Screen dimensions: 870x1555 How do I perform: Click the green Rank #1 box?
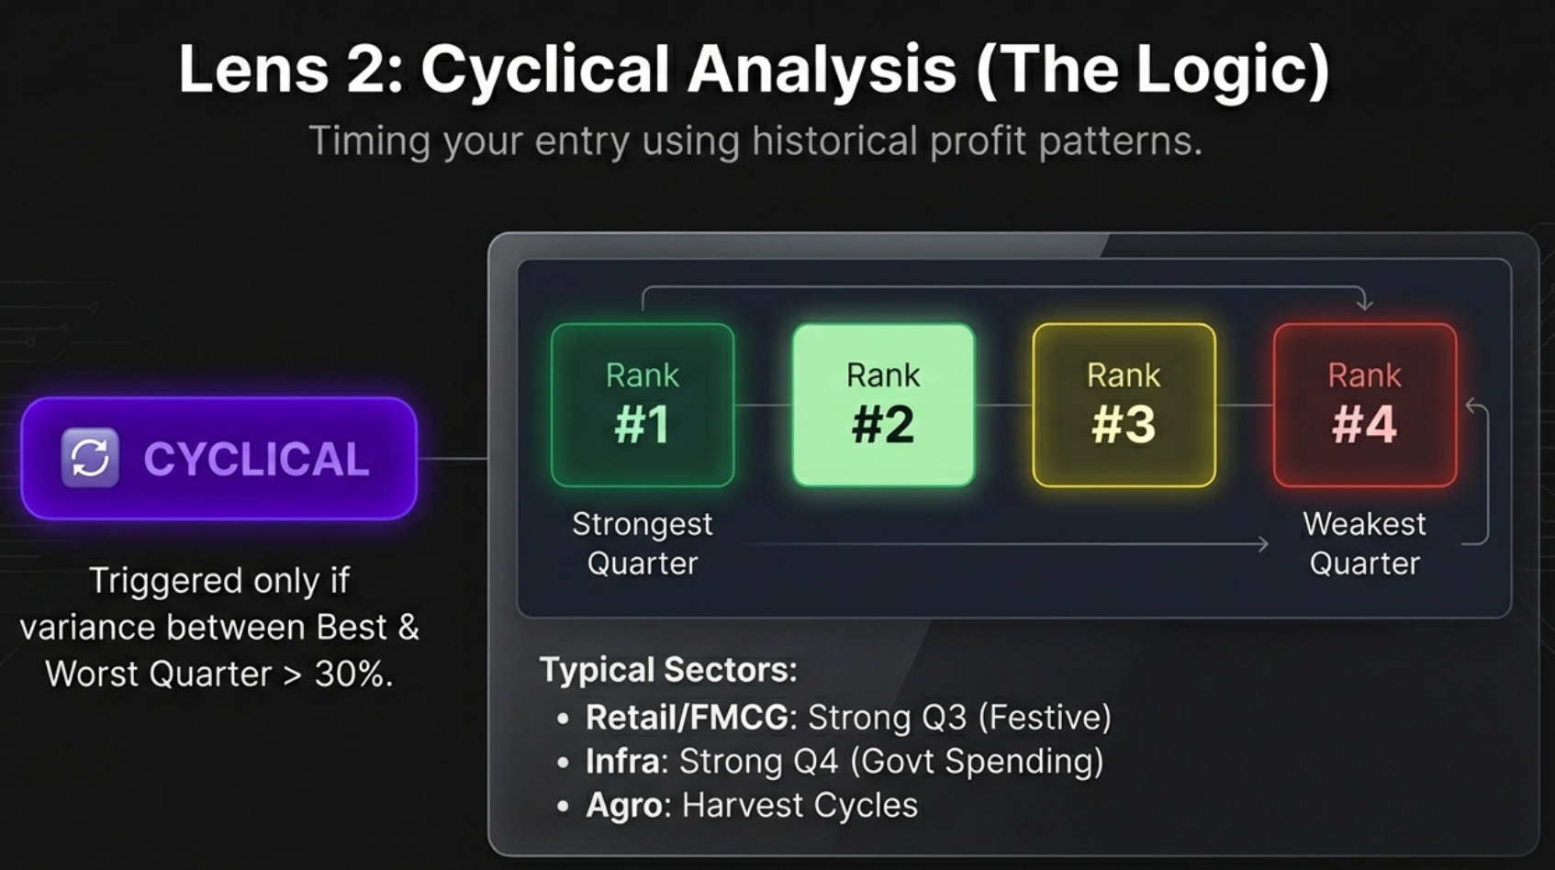643,405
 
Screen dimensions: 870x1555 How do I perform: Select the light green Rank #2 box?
883,405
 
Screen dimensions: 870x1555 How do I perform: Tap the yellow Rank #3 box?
1124,405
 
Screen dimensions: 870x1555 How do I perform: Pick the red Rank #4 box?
1364,405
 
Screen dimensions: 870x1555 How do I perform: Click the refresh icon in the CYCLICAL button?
90,457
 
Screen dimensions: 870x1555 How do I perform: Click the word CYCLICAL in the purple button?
256,459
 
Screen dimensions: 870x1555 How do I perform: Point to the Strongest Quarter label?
643,543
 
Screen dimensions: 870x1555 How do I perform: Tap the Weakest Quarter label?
1364,543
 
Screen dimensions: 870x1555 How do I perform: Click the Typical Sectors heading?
668,669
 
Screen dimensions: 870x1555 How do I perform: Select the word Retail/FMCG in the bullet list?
687,717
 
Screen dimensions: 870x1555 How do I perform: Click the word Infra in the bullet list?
622,761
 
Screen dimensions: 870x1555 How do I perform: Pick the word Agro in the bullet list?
623,805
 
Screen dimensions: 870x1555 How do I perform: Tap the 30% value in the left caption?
352,674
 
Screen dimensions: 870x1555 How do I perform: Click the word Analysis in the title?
822,70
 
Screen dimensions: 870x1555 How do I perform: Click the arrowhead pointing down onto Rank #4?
1364,304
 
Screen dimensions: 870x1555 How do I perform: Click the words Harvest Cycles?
800,805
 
